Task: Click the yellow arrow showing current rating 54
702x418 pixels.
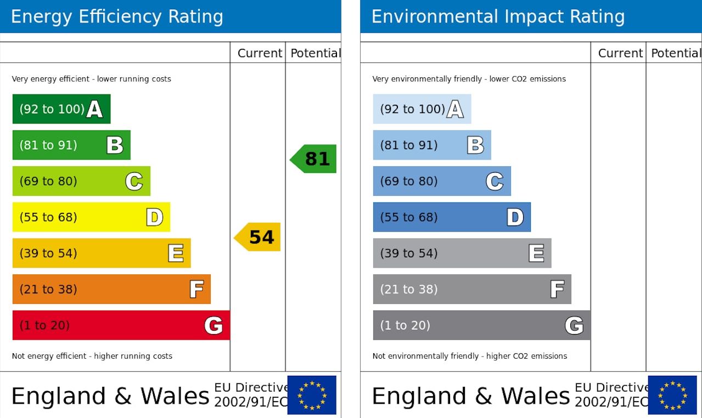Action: tap(259, 237)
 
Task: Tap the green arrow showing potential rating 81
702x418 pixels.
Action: tap(315, 159)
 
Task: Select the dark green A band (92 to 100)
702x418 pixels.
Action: tap(61, 109)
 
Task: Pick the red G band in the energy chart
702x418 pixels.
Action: tap(121, 325)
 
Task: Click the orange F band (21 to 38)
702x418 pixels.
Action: tap(111, 289)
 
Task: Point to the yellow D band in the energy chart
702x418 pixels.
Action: tap(91, 217)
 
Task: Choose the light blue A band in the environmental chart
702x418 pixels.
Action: tap(422, 109)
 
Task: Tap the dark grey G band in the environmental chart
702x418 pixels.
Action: tap(481, 325)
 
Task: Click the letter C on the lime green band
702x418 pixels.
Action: tap(134, 181)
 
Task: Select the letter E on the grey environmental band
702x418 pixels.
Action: tap(536, 253)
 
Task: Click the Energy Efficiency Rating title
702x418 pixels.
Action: tap(117, 17)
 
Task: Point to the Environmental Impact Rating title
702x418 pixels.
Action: tap(498, 17)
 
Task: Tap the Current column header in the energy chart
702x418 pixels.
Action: tap(260, 53)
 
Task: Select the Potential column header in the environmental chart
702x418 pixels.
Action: tap(676, 53)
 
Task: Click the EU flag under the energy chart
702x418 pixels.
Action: tap(312, 395)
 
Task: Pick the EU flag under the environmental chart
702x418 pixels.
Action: tap(672, 395)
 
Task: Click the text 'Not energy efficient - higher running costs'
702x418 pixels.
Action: tap(92, 356)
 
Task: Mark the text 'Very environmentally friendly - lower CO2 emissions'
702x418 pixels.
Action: tap(469, 79)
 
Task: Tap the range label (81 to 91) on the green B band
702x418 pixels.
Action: tap(48, 145)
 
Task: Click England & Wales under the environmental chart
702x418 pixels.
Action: tap(471, 396)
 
